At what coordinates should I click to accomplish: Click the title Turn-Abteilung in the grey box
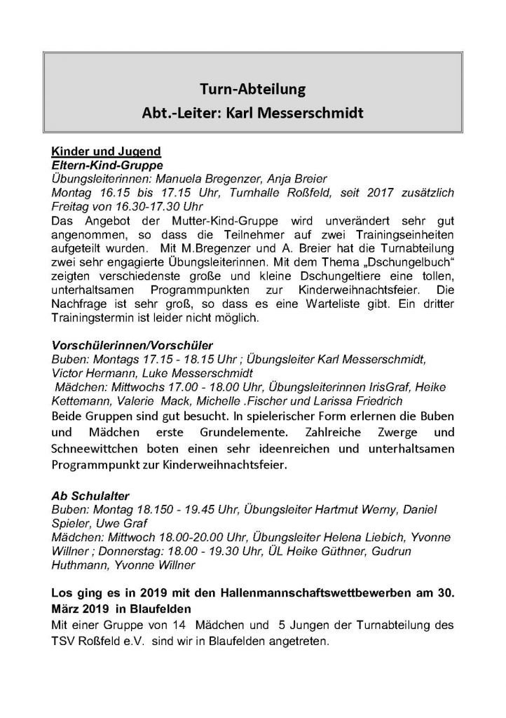click(x=252, y=90)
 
